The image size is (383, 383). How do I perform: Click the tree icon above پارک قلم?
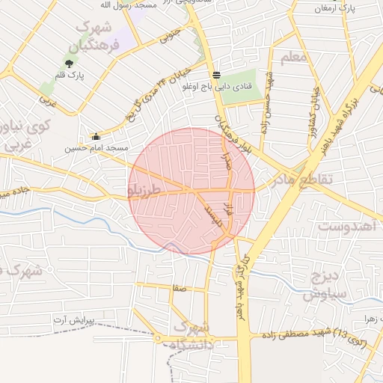pyautogui.click(x=70, y=64)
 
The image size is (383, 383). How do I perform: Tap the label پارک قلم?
pyautogui.click(x=70, y=76)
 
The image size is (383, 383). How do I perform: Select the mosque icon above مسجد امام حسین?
pyautogui.click(x=96, y=137)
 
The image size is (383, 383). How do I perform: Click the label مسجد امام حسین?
pyautogui.click(x=96, y=148)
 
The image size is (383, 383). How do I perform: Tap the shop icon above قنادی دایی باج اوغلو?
pyautogui.click(x=216, y=75)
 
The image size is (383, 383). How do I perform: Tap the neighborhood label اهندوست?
pyautogui.click(x=345, y=225)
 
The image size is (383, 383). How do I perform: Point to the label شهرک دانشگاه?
pyautogui.click(x=192, y=336)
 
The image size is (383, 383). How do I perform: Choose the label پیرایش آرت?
pyautogui.click(x=75, y=320)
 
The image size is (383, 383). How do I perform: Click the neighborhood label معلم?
pyautogui.click(x=292, y=58)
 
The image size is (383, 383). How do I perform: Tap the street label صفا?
pyautogui.click(x=178, y=287)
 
